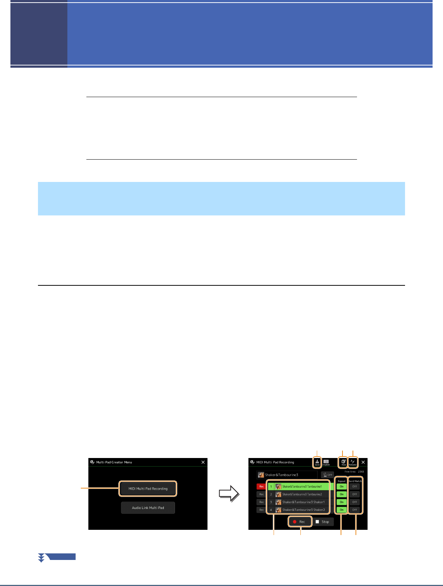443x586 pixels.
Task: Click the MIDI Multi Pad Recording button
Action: coord(148,489)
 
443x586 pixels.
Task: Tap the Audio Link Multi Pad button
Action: coord(148,507)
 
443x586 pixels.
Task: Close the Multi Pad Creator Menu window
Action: coord(203,462)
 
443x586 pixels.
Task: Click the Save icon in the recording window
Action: coord(317,462)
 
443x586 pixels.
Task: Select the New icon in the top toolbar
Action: coord(344,462)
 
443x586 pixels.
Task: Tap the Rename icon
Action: coord(353,462)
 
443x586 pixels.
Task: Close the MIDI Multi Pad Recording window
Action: coord(363,462)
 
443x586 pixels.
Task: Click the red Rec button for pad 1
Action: coord(261,486)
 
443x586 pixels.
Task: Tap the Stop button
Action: coord(322,522)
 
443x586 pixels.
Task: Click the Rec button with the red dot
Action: coord(299,522)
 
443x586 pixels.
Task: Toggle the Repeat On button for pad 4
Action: coord(341,510)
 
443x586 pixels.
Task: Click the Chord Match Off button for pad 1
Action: coord(354,486)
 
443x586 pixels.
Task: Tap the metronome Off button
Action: coord(328,475)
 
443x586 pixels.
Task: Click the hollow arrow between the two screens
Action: coord(229,494)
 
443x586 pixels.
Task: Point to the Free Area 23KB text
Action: coord(354,471)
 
